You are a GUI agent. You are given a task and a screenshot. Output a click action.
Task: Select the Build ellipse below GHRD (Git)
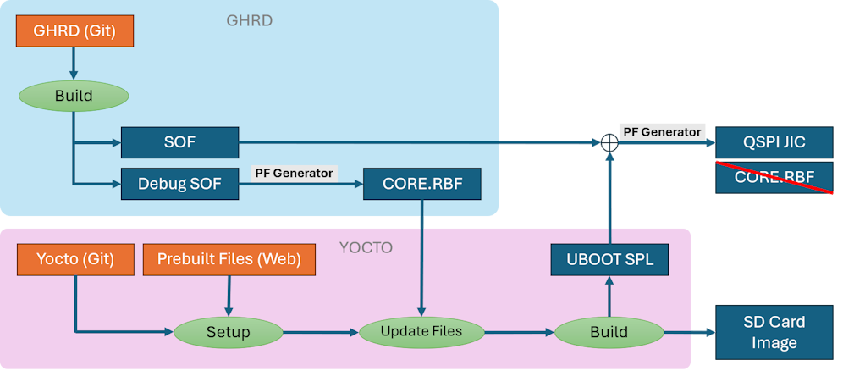click(74, 96)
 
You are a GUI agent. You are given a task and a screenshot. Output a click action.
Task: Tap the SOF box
click(179, 142)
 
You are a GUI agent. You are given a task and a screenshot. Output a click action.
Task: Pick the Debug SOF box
click(179, 183)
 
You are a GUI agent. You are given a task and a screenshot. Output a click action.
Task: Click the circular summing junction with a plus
click(609, 143)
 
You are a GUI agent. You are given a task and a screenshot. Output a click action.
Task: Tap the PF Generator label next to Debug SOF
click(294, 173)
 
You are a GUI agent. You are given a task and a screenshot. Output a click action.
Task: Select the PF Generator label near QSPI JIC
click(663, 131)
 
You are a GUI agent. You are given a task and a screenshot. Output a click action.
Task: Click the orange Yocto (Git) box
click(75, 259)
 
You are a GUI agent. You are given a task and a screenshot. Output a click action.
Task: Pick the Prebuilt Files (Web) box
click(229, 259)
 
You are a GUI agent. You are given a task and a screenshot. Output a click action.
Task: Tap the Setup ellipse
click(229, 331)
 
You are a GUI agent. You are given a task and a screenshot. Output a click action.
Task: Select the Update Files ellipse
click(421, 331)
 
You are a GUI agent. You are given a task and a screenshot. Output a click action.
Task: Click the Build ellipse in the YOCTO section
click(609, 331)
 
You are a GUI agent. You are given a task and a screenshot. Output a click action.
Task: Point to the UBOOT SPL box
click(609, 259)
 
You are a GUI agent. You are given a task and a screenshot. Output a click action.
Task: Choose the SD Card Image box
click(774, 331)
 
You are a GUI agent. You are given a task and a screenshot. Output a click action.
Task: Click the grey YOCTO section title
click(367, 247)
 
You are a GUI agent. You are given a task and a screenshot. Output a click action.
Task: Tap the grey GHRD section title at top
click(249, 20)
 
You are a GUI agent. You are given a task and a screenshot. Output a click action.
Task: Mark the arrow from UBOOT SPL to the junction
click(609, 199)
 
